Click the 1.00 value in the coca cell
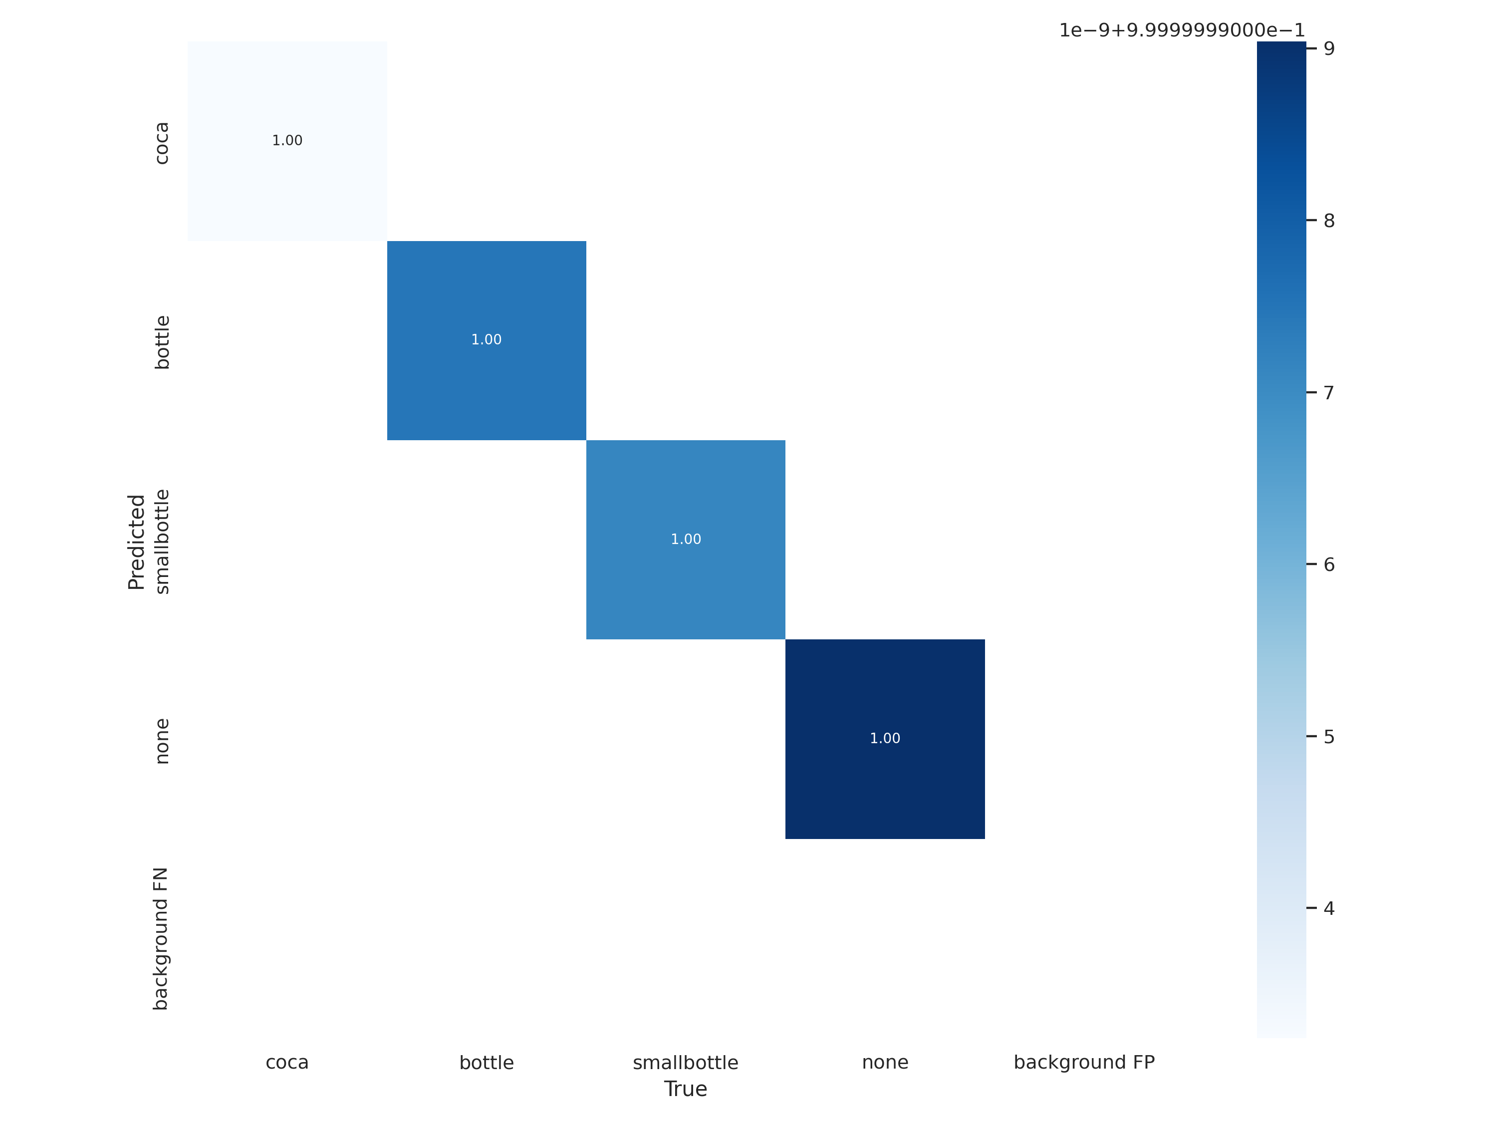[x=287, y=141]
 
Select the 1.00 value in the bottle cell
[x=486, y=340]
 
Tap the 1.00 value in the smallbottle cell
[x=686, y=540]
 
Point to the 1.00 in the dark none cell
[x=885, y=739]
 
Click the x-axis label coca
[x=287, y=1063]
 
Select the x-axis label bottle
[x=486, y=1063]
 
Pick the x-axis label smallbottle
[x=686, y=1063]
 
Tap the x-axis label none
[x=885, y=1063]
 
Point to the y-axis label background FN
[x=160, y=939]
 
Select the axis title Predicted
[x=136, y=542]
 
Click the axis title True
[x=686, y=1089]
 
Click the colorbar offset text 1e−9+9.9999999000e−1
[x=1182, y=30]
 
